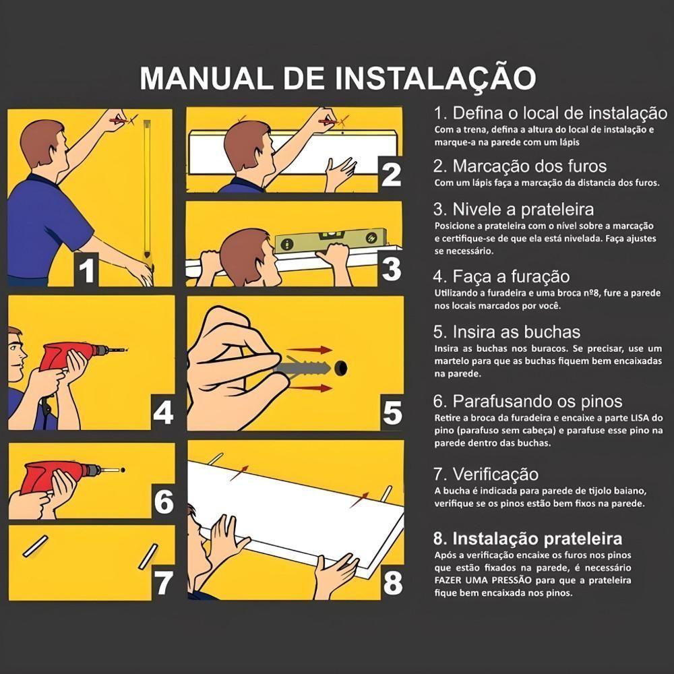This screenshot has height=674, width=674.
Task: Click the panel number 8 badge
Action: pyautogui.click(x=392, y=583)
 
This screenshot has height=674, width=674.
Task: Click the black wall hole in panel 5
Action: pyautogui.click(x=342, y=368)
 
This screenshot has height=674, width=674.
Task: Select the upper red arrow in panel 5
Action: pyautogui.click(x=315, y=350)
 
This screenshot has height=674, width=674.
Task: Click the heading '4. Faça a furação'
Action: pyautogui.click(x=501, y=277)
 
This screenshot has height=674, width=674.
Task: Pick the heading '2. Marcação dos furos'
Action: pyautogui.click(x=520, y=166)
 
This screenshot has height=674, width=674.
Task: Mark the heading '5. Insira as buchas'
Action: pyautogui.click(x=506, y=332)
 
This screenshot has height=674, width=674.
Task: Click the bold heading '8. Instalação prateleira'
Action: pyautogui.click(x=527, y=539)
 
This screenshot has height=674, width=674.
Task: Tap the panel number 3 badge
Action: pyautogui.click(x=391, y=268)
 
